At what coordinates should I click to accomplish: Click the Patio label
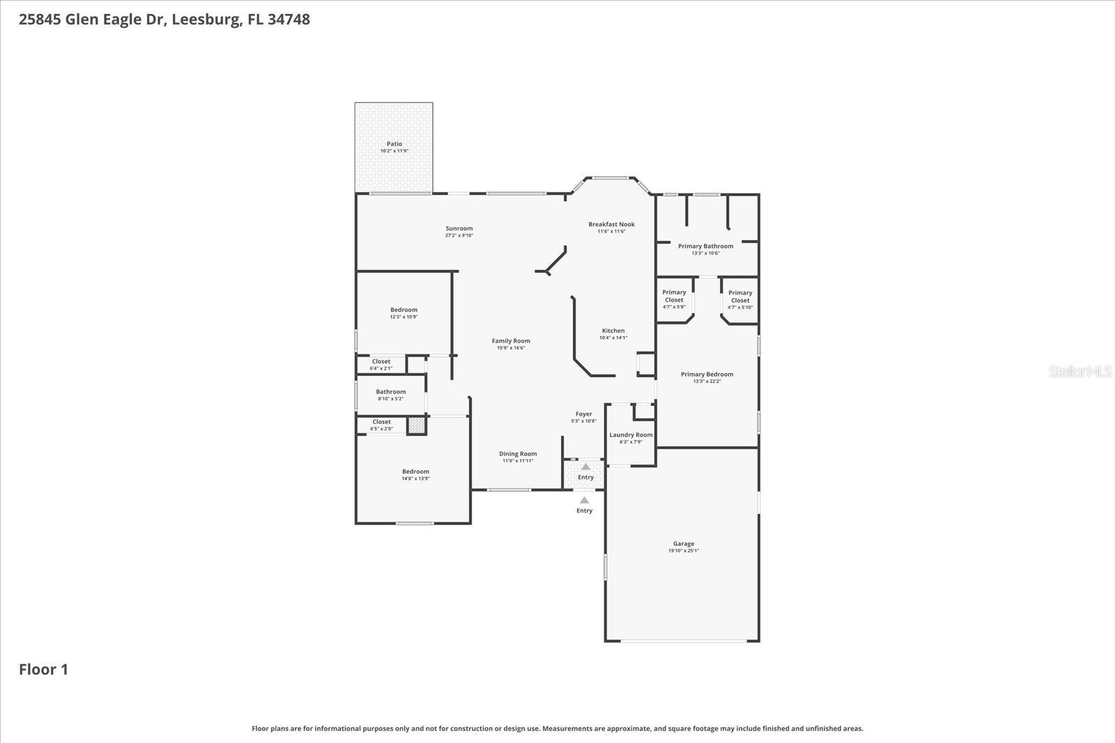pos(394,144)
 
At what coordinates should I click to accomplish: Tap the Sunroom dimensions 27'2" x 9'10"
pos(459,235)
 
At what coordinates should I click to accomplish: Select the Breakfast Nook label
pos(611,224)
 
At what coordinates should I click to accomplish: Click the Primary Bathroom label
pos(705,246)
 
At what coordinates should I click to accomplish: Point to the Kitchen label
pos(613,331)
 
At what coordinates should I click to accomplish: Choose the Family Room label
pos(511,341)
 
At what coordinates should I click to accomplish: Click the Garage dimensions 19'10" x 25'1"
pos(684,551)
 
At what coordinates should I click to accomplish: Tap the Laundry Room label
pos(631,435)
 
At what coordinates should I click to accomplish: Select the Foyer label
pos(583,414)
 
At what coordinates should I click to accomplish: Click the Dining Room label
pos(518,454)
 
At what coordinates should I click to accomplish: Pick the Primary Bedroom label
pos(707,374)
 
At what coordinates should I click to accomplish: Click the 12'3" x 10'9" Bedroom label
pos(403,310)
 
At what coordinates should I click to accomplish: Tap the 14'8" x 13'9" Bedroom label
pos(415,471)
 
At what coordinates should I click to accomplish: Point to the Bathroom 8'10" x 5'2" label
pos(390,392)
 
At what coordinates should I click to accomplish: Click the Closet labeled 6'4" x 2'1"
pos(381,361)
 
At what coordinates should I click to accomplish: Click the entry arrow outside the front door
pos(584,501)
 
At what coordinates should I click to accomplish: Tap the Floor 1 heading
pos(43,669)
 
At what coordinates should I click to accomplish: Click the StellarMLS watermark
pos(1079,372)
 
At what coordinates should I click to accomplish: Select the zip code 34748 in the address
pos(289,19)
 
